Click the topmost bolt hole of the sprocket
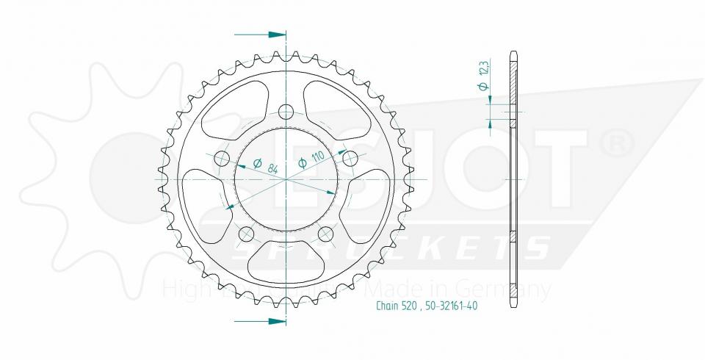286,112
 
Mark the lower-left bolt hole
246,234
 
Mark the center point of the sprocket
286,179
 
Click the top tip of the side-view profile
513,51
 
